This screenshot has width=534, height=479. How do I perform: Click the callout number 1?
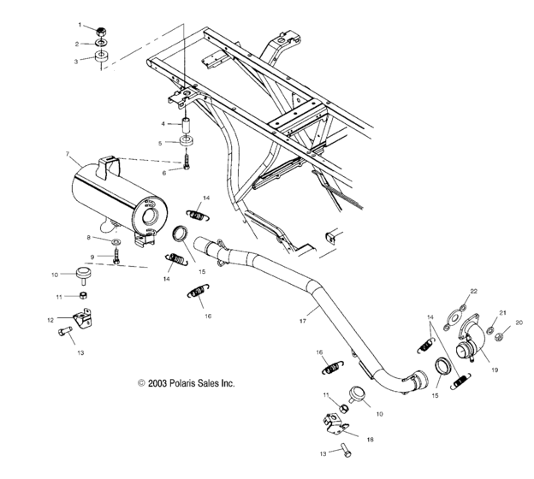tap(80, 26)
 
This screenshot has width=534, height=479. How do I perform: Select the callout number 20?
tap(519, 323)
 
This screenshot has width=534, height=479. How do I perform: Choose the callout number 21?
tap(503, 313)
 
